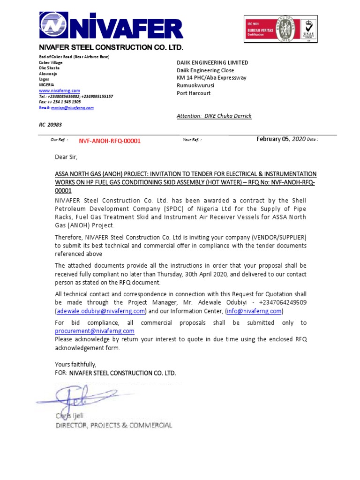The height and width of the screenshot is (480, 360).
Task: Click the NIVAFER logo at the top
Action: pos(111,26)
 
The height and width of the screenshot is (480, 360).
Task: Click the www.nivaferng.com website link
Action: pos(59,90)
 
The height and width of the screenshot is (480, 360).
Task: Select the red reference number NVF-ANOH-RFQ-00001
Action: pos(109,141)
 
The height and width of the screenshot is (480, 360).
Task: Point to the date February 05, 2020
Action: pos(281,139)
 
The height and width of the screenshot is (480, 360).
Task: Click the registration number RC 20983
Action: pos(50,125)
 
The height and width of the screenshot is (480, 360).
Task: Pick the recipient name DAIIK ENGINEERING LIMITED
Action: pos(212,63)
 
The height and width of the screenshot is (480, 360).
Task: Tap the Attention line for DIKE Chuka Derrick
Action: pos(214,116)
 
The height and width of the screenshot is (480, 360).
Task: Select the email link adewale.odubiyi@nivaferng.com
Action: pos(101,311)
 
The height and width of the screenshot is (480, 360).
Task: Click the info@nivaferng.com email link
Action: pos(255,311)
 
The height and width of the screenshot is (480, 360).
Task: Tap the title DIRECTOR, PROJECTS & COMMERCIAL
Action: pos(114,426)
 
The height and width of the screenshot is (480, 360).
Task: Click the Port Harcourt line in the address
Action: pos(194,93)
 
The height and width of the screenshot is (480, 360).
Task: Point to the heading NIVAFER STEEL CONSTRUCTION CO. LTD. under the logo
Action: pos(111,48)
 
